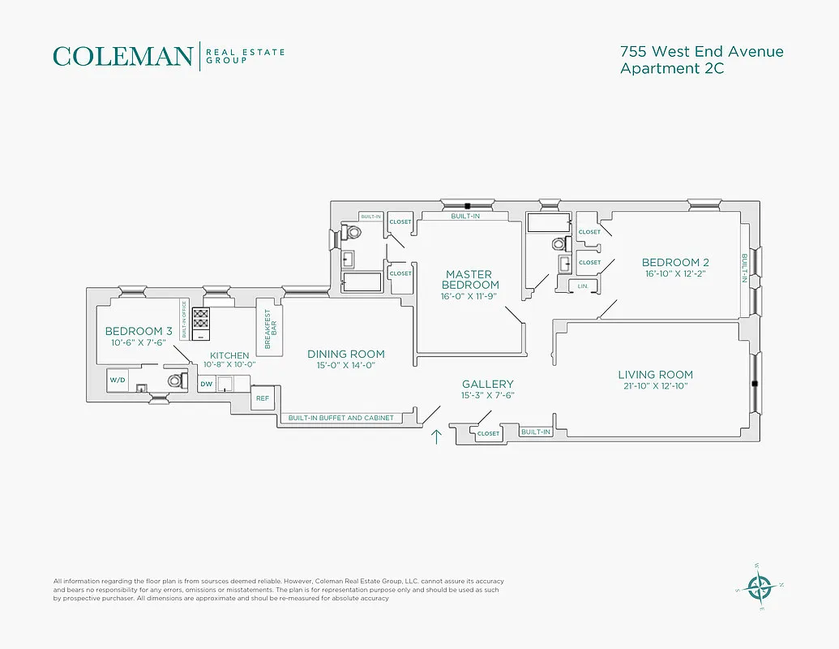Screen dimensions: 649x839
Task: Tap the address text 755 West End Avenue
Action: coord(701,52)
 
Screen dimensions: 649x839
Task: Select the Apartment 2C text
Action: coord(671,69)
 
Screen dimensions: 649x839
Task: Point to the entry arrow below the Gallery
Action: coord(436,437)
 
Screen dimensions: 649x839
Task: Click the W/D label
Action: coord(118,379)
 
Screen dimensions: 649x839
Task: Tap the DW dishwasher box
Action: coord(207,383)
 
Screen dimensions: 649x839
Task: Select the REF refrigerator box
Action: coord(262,398)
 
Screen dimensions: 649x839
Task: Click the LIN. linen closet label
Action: coord(583,286)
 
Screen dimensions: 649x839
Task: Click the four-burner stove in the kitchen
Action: coord(200,317)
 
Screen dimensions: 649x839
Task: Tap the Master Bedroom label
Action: coord(470,280)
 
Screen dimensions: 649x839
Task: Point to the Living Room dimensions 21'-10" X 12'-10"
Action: coord(655,385)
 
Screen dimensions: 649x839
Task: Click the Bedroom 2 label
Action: coord(675,262)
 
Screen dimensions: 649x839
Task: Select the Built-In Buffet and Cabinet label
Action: coord(340,418)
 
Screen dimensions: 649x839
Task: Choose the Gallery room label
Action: coord(487,384)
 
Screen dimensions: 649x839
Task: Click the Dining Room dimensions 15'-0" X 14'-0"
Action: coord(345,365)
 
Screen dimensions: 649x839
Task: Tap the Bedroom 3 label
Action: coord(139,331)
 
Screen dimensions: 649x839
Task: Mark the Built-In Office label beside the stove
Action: coord(184,319)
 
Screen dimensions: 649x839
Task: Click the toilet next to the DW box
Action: coord(175,380)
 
